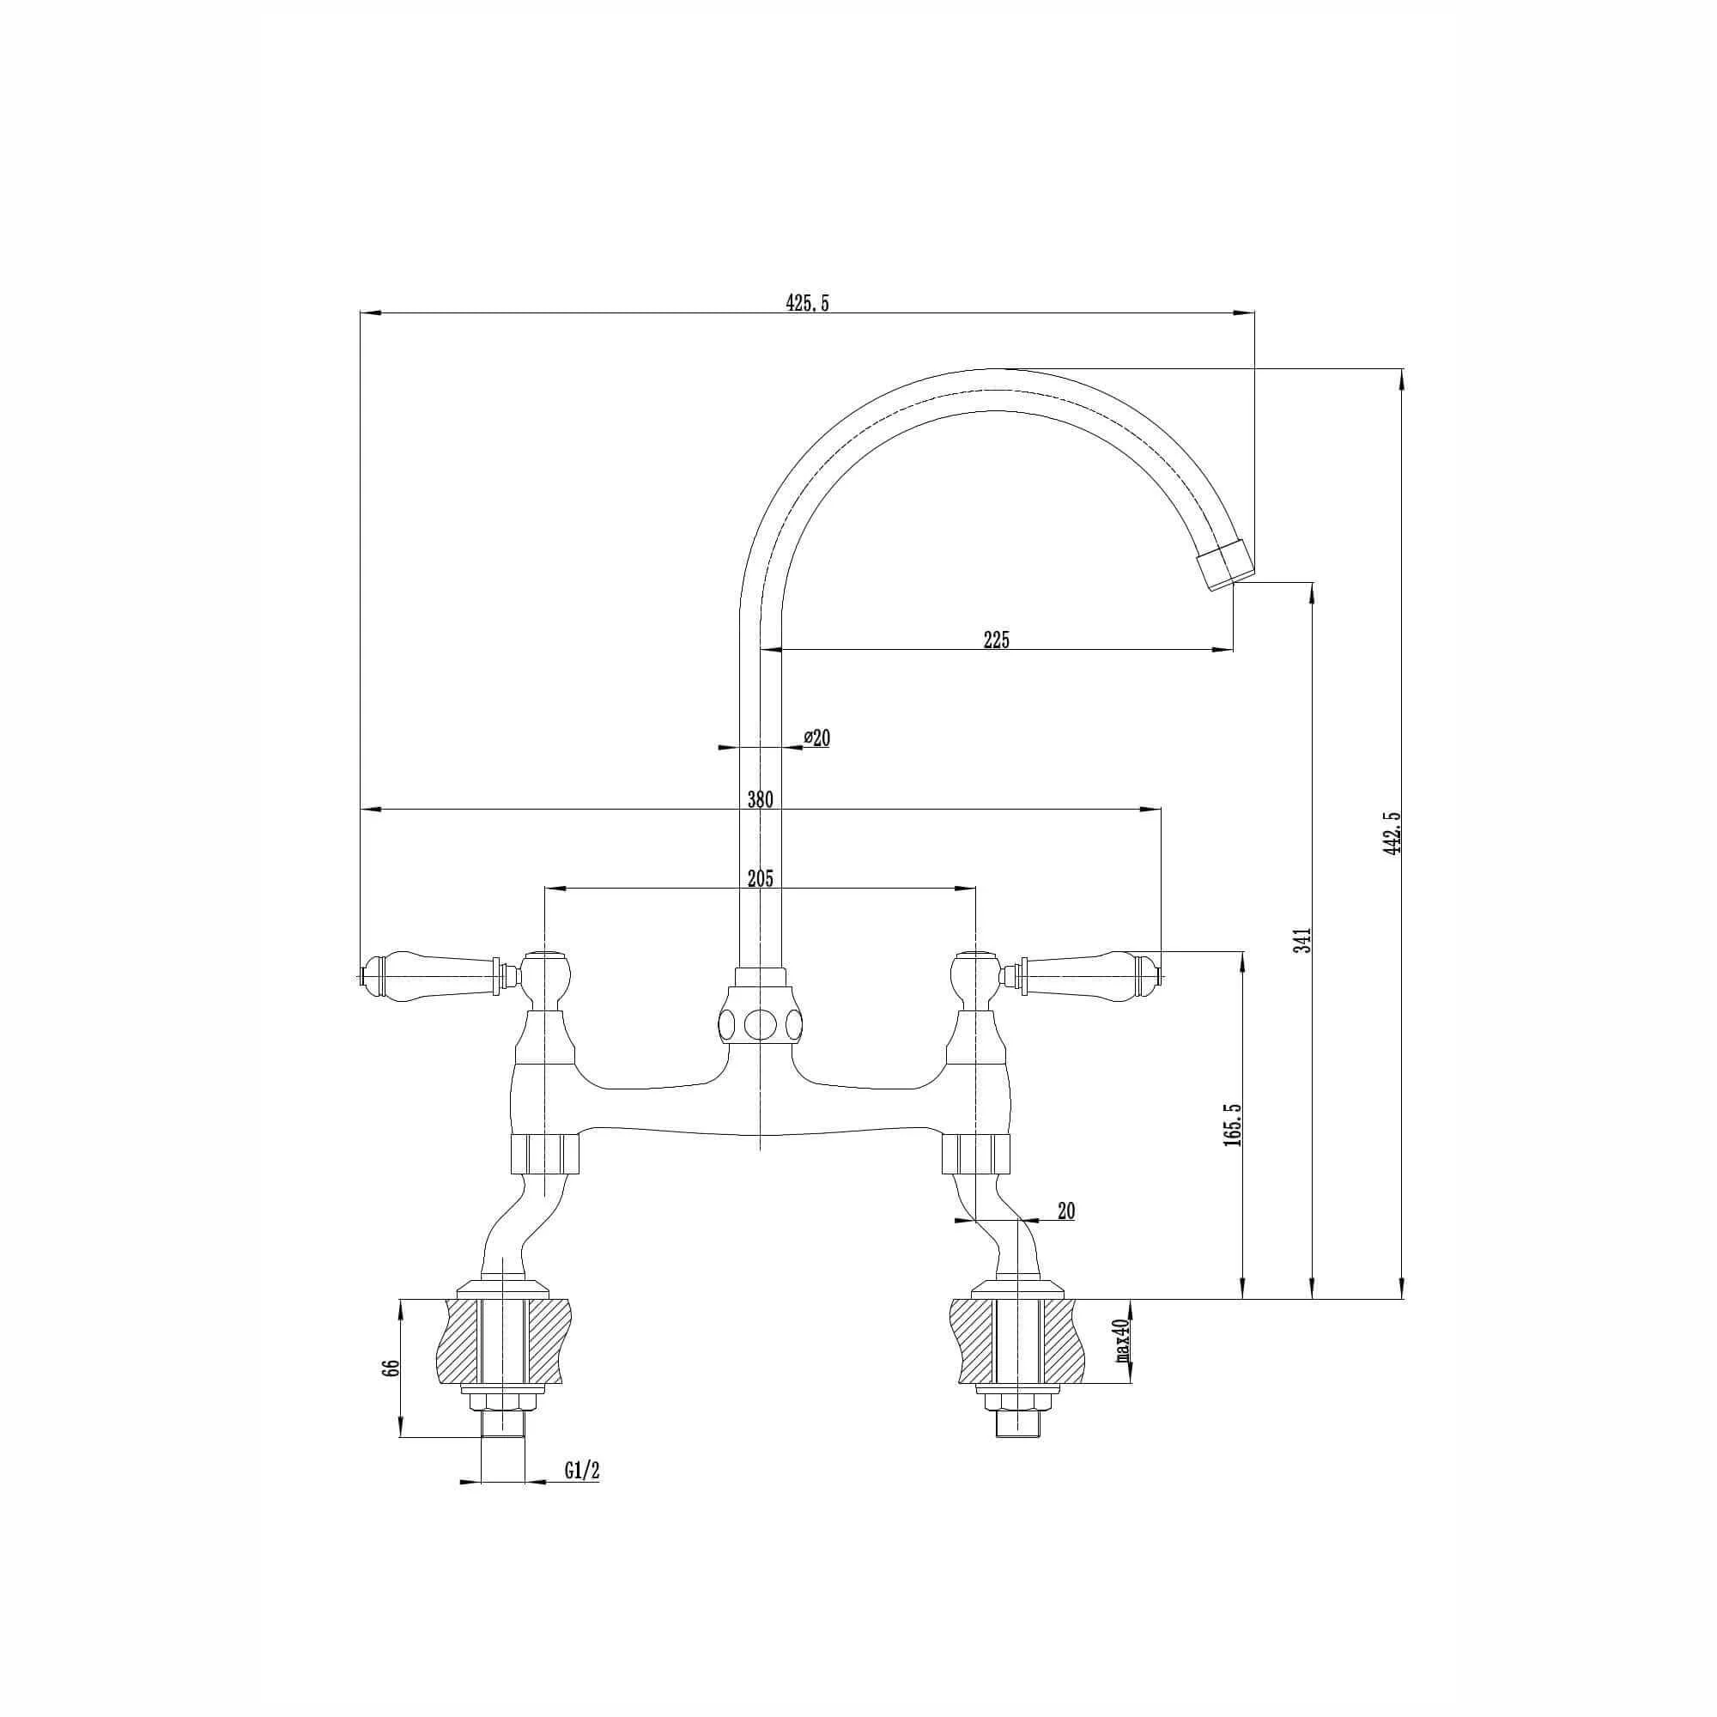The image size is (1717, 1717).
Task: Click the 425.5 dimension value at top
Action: [807, 303]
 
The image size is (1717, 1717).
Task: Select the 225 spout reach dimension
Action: [997, 639]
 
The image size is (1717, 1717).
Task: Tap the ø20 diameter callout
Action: [816, 737]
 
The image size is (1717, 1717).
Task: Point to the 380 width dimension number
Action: [760, 799]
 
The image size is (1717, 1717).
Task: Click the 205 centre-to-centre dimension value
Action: [760, 879]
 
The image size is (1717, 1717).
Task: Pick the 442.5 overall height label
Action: [1392, 833]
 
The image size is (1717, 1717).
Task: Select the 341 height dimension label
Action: [1303, 939]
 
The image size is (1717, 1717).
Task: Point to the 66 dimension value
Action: [388, 1368]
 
